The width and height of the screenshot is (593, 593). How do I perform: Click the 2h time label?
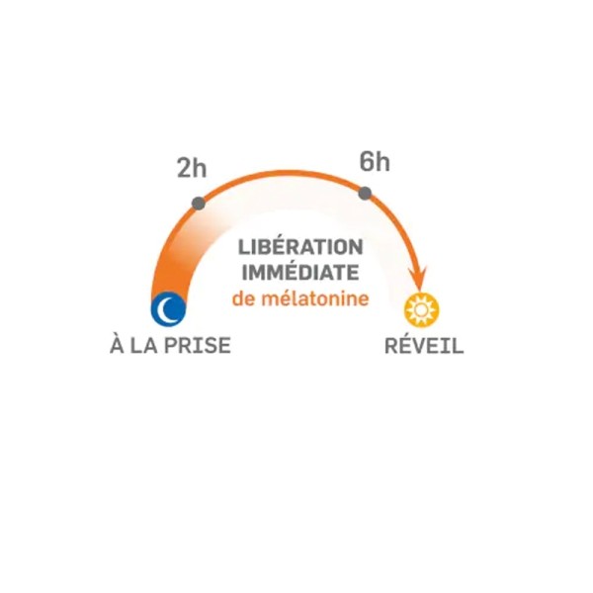click(x=192, y=168)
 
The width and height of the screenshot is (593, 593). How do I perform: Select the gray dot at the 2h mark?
click(x=199, y=204)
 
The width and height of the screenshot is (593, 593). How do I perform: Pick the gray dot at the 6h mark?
click(x=365, y=194)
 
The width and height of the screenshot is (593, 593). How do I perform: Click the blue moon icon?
click(x=168, y=308)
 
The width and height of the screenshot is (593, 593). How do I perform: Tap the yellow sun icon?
click(x=422, y=310)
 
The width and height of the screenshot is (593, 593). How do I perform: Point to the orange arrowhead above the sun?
click(x=418, y=279)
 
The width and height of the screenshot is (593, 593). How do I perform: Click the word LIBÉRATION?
click(x=300, y=247)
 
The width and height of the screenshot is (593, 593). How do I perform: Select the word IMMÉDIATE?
click(x=300, y=273)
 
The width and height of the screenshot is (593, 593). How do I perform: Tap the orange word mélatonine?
click(x=315, y=298)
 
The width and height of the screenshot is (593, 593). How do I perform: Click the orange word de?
click(x=244, y=298)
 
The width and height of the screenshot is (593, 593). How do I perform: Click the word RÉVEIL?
click(x=424, y=345)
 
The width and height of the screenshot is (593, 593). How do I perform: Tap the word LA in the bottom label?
click(x=143, y=345)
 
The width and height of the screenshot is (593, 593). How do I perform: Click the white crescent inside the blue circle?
click(x=166, y=308)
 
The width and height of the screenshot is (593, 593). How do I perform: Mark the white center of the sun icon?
click(x=422, y=310)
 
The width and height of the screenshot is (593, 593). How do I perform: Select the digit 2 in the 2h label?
click(x=184, y=168)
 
